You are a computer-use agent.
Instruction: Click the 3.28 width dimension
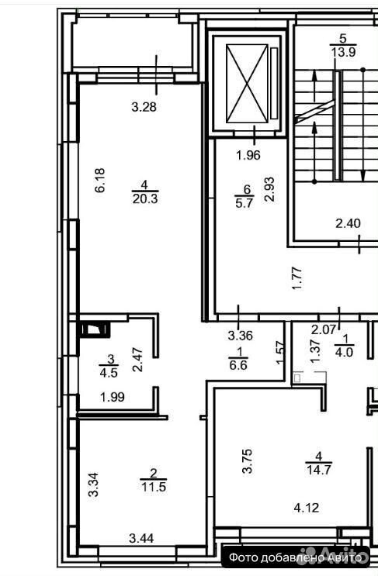[x=144, y=107]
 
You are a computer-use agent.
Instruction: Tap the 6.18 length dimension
[x=100, y=181]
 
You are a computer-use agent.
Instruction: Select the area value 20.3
[x=145, y=198]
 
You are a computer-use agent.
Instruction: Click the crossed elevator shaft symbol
[x=247, y=83]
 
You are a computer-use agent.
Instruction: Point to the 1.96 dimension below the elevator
[x=248, y=155]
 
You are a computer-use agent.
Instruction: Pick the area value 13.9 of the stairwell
[x=343, y=52]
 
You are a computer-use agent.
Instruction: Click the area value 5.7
[x=245, y=203]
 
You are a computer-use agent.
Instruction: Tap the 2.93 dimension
[x=270, y=189]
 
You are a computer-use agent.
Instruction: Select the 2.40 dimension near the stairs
[x=348, y=223]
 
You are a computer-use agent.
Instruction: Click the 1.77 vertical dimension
[x=297, y=278]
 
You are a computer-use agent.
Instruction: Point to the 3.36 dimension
[x=240, y=336]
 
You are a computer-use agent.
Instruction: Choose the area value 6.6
[x=238, y=365]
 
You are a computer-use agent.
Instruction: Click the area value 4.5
[x=109, y=372]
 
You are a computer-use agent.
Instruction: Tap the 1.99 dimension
[x=113, y=397]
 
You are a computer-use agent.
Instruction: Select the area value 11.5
[x=154, y=487]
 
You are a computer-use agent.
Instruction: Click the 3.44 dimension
[x=141, y=539]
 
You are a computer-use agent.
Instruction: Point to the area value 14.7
[x=319, y=470]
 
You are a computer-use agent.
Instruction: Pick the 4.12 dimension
[x=307, y=508]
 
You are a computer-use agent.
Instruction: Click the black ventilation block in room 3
[x=95, y=329]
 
